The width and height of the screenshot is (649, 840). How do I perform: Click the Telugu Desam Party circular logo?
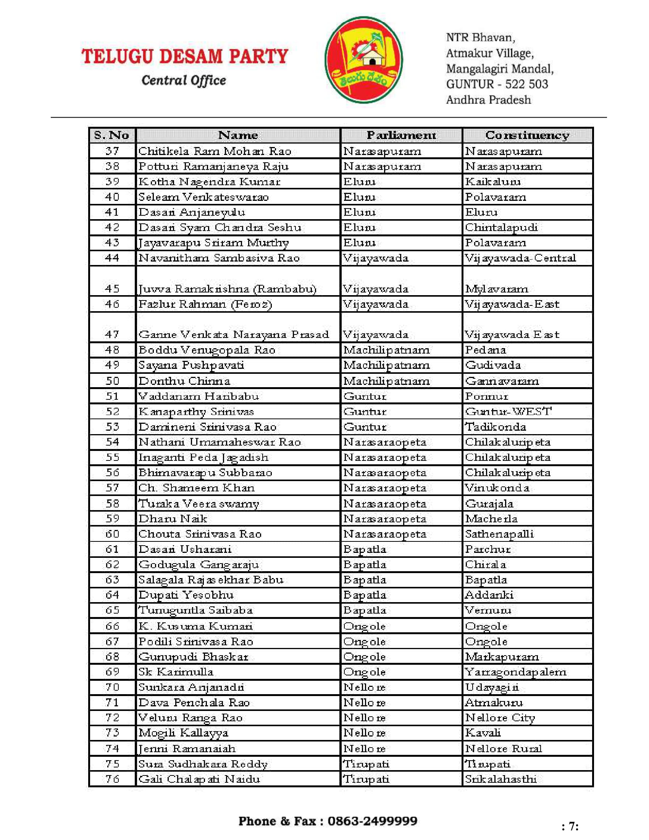pyautogui.click(x=363, y=60)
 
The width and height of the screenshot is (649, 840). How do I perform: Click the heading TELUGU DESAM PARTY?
pyautogui.click(x=184, y=56)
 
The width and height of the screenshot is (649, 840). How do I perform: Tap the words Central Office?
pyautogui.click(x=184, y=81)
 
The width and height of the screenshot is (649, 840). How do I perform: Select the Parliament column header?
pyautogui.click(x=401, y=135)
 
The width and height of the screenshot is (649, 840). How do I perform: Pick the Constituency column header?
pyautogui.click(x=527, y=135)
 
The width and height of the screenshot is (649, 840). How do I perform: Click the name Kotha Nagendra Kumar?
pyautogui.click(x=209, y=181)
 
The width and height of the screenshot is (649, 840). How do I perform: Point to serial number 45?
pyautogui.click(x=112, y=288)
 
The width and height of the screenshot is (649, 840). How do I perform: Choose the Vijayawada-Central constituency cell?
pyautogui.click(x=520, y=258)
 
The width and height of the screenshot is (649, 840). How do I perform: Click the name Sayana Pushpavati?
pyautogui.click(x=191, y=365)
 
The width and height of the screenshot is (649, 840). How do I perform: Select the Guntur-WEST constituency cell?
pyautogui.click(x=508, y=412)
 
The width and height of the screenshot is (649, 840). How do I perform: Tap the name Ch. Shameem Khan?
pyautogui.click(x=196, y=488)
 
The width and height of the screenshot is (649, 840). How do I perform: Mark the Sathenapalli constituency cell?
pyautogui.click(x=499, y=534)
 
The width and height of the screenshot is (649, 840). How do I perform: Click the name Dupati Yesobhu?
pyautogui.click(x=186, y=595)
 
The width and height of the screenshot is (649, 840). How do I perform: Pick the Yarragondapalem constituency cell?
pyautogui.click(x=515, y=672)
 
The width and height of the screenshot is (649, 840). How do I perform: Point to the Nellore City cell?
pyautogui.click(x=500, y=718)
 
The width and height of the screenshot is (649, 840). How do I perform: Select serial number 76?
pyautogui.click(x=112, y=779)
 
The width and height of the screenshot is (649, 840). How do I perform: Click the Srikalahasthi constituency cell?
pyautogui.click(x=500, y=779)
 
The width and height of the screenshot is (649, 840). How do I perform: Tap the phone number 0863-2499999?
pyautogui.click(x=372, y=821)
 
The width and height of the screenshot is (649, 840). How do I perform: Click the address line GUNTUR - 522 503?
pyautogui.click(x=497, y=84)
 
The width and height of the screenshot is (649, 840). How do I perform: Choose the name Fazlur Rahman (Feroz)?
pyautogui.click(x=205, y=304)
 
